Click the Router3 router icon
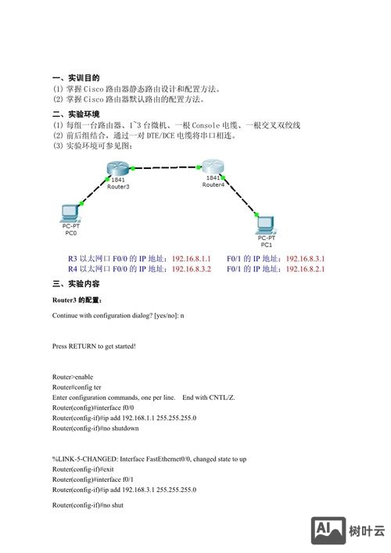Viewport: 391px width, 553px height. (118, 170)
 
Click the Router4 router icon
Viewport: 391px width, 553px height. (213, 167)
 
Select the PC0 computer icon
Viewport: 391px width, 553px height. (71, 213)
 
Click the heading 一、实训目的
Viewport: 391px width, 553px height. (76, 78)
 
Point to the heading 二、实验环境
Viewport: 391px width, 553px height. (76, 113)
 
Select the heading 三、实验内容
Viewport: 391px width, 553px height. (76, 283)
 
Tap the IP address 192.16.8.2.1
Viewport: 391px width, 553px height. (305, 269)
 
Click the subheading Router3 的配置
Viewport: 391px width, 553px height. (77, 300)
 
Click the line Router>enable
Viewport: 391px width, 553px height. (73, 377)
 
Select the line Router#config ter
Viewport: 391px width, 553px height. (77, 387)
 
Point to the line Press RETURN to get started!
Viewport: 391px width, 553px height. (94, 346)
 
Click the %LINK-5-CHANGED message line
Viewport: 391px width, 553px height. (149, 459)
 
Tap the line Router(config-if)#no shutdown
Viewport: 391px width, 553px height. (95, 429)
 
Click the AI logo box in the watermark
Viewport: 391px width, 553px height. (328, 530)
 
